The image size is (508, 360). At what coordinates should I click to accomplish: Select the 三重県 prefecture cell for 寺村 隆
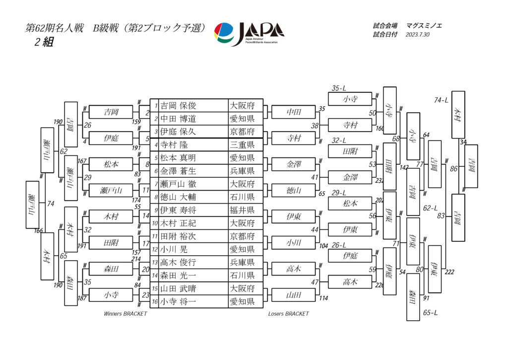(242, 145)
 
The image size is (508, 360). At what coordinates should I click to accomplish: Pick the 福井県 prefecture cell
(242, 210)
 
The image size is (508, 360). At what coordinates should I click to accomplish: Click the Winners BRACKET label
(126, 314)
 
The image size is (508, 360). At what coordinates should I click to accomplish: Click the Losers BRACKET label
(289, 314)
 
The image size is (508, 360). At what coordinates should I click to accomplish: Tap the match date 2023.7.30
(417, 35)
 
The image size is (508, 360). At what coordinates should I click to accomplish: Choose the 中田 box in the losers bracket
(294, 112)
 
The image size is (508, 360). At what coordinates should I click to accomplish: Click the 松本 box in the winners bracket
(111, 164)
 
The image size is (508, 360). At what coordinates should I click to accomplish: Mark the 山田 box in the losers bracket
(294, 295)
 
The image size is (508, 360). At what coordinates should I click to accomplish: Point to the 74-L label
(441, 100)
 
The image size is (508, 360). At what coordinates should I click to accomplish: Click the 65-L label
(430, 313)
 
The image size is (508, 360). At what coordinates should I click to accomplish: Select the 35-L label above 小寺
(339, 88)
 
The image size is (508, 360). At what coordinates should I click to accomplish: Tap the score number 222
(449, 272)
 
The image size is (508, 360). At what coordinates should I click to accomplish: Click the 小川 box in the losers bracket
(294, 243)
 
